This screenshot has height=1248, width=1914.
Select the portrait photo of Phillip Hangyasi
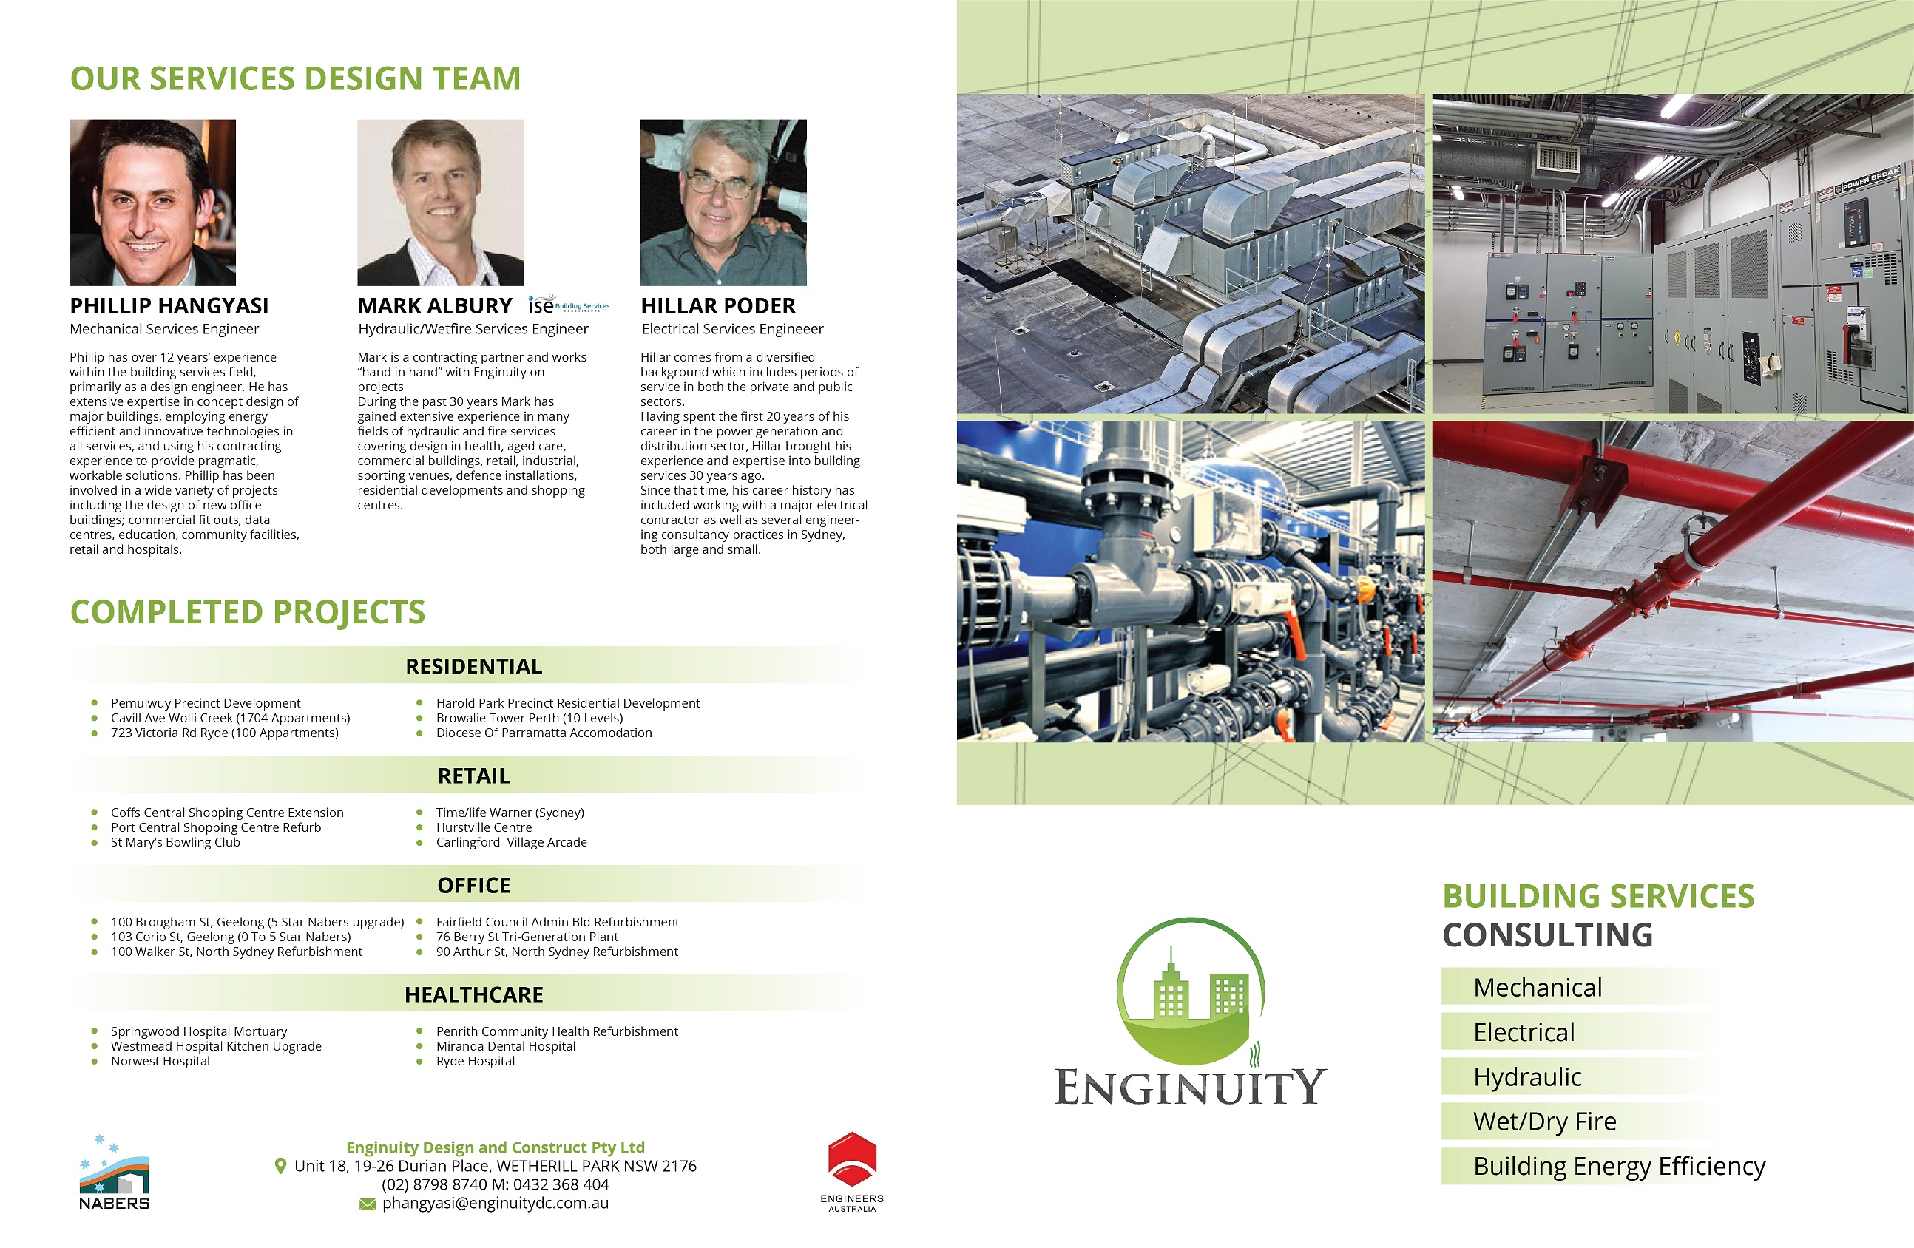[x=153, y=203]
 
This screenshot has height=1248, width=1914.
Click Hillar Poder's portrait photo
[x=723, y=203]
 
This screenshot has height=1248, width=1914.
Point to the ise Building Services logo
[x=569, y=305]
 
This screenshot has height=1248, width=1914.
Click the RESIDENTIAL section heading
[x=473, y=667]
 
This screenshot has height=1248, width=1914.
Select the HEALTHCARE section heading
[x=473, y=994]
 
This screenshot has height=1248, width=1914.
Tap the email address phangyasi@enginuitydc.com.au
[x=496, y=1203]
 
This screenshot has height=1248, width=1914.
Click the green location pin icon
[x=280, y=1166]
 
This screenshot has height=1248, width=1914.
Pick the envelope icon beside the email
[x=368, y=1204]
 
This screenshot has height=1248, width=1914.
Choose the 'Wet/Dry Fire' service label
[x=1544, y=1121]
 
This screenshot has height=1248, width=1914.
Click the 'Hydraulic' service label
[x=1526, y=1076]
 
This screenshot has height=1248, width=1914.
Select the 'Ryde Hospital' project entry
[x=476, y=1061]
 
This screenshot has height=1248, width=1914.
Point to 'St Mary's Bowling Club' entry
[x=175, y=842]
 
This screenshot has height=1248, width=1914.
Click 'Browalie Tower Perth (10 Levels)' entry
[x=530, y=718]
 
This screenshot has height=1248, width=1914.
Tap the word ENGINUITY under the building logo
[x=1190, y=1087]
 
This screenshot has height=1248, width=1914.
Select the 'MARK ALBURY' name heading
[x=435, y=305]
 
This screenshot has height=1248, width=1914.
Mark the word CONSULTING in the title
[x=1547, y=935]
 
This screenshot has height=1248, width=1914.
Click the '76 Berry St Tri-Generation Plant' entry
[x=527, y=937]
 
